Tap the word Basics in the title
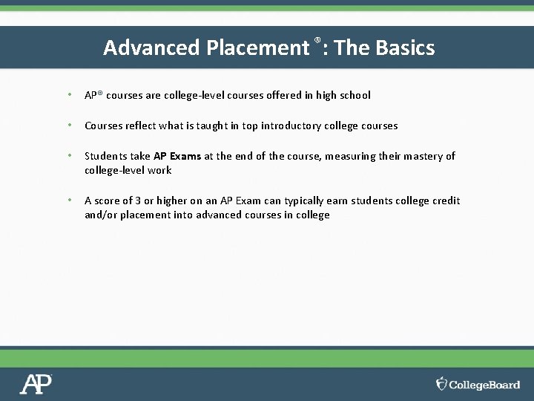(405, 48)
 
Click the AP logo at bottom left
(36, 384)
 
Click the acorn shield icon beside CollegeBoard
(442, 384)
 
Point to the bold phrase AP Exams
(177, 156)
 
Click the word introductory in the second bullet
(290, 125)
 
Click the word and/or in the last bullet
(99, 215)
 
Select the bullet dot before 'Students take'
(68, 156)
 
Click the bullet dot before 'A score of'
(68, 200)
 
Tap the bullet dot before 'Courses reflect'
(68, 125)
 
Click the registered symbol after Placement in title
(317, 39)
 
